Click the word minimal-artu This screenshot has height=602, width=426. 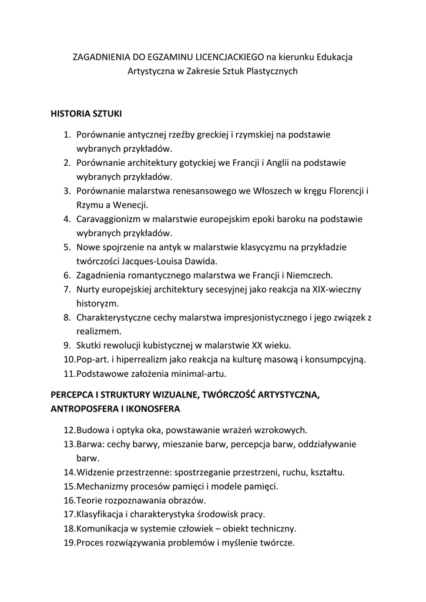198,373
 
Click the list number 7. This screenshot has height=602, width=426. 68,289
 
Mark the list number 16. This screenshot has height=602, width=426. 68,500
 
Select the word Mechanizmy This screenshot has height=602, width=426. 102,486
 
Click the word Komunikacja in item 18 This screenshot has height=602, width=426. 102,529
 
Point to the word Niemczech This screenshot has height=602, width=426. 311,275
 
